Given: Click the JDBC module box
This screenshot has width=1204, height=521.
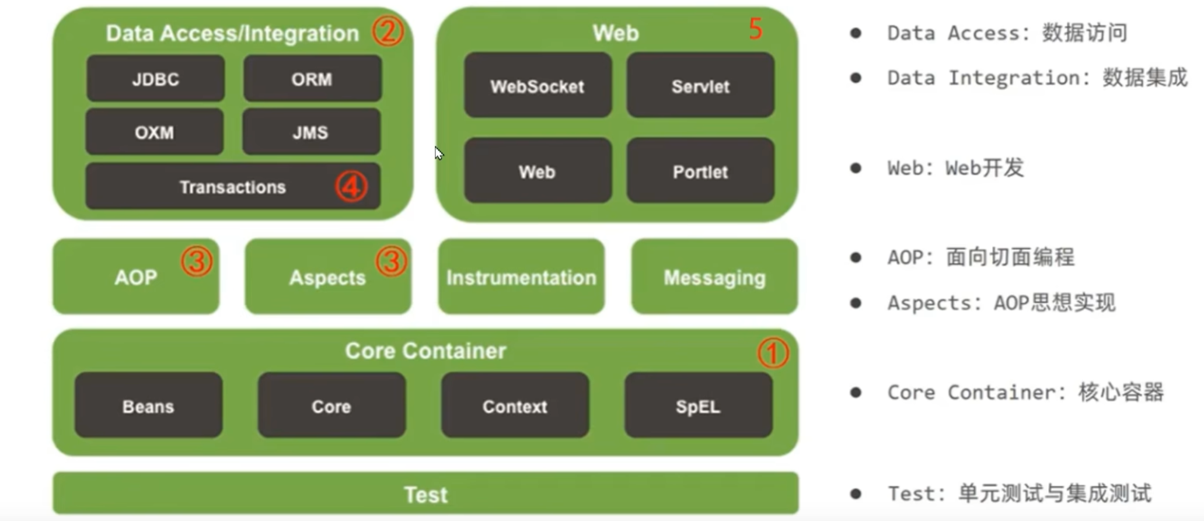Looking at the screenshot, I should pos(155,79).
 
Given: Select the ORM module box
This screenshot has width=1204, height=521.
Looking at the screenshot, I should pos(312,79).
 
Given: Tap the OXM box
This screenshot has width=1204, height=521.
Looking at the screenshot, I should pos(154,132).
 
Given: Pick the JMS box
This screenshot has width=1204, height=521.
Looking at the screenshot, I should pos(311,132).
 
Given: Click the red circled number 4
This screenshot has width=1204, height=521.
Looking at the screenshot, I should pos(351,187).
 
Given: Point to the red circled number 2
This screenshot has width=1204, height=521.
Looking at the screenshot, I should pos(388,31).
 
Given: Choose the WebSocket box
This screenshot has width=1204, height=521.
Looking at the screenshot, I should pos(538,86).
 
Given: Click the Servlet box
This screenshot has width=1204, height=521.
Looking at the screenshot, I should pos(700,86).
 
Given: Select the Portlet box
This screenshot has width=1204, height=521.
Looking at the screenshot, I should pos(700,172).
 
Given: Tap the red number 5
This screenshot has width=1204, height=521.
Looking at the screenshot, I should pos(756,29).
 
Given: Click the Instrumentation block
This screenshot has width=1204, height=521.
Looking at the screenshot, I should pos(521,277).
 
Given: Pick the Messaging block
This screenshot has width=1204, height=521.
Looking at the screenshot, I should pos(714,277).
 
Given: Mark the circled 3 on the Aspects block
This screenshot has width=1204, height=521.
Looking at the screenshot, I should pos(391,261).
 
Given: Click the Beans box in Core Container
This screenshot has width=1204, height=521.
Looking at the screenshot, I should pos(148,406).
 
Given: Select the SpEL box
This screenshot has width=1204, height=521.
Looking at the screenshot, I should pos(698,406).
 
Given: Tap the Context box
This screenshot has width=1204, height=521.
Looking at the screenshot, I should pos(515,406).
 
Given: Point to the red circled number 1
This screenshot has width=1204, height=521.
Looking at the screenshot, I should pos(773,353).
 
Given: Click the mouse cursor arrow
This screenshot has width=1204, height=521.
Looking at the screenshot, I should pos(439,153).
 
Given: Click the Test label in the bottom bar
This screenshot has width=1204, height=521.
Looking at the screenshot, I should pos(426,494).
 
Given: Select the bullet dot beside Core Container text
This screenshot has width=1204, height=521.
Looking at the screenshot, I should pos(856,392).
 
